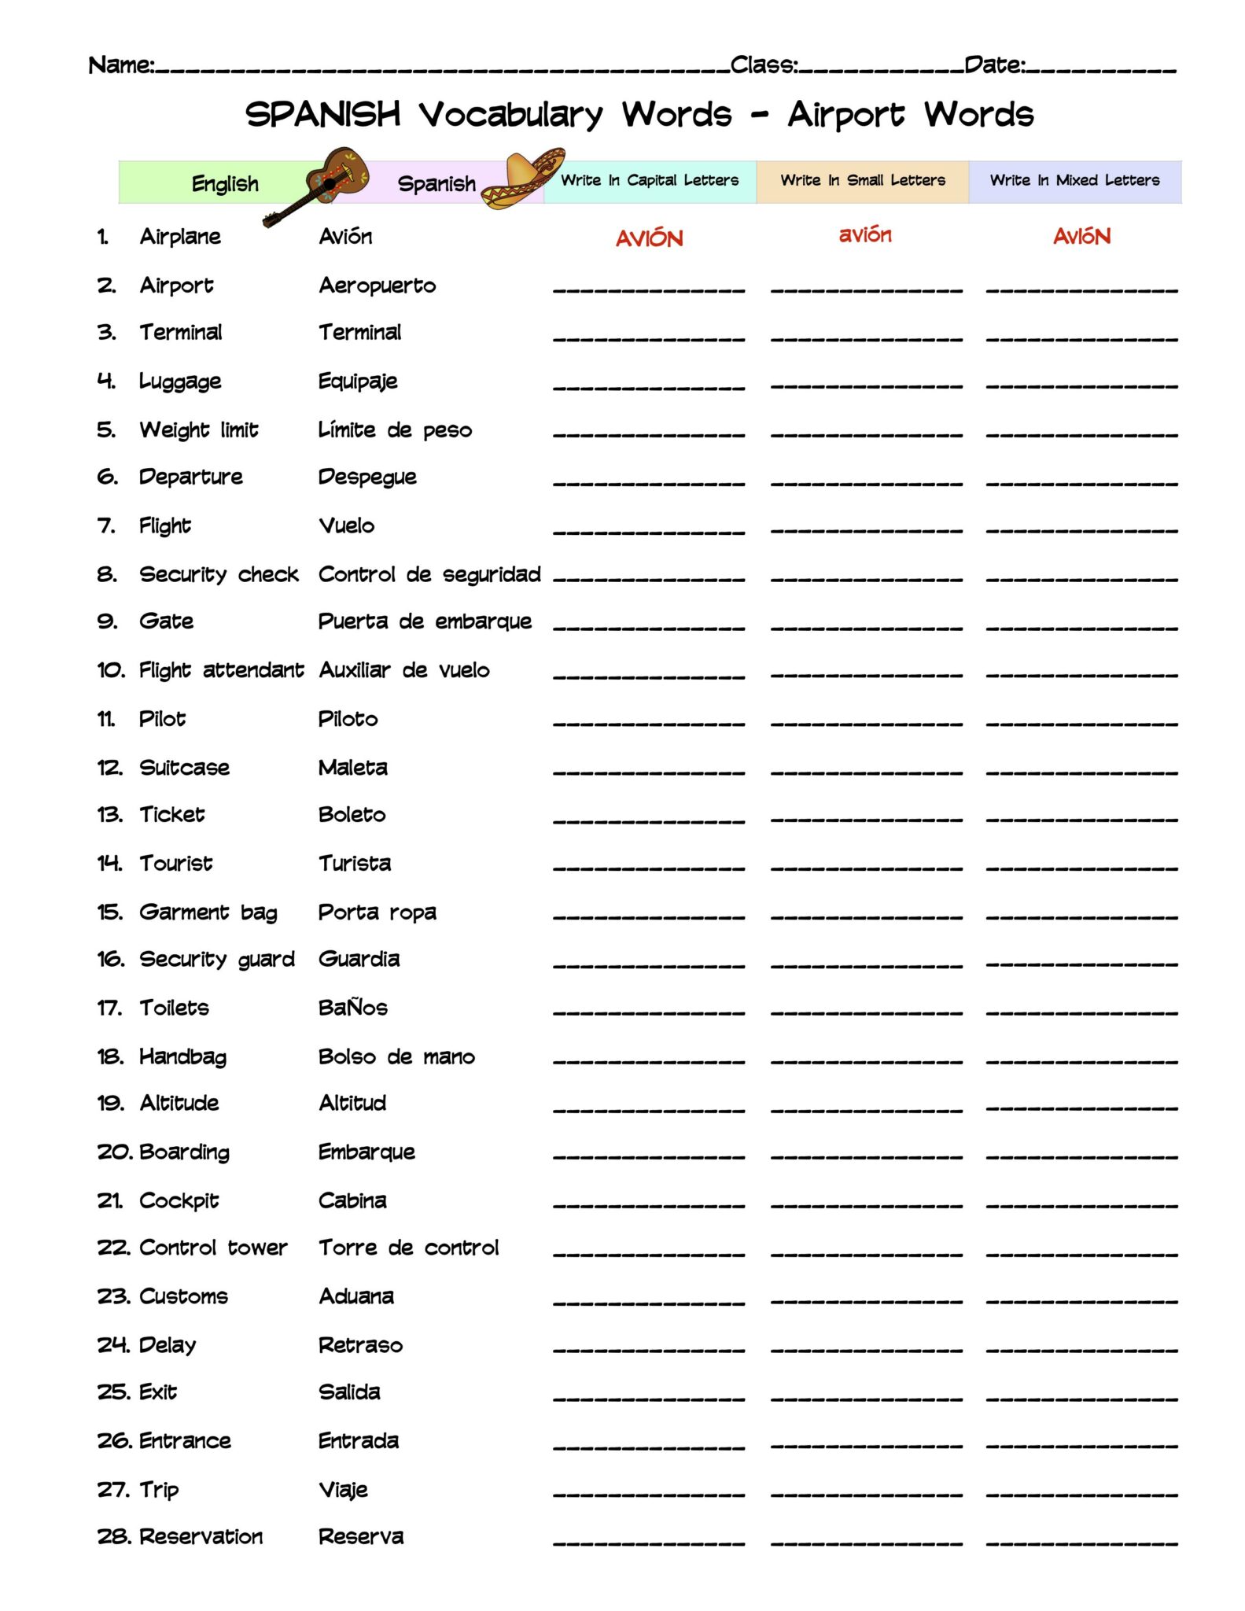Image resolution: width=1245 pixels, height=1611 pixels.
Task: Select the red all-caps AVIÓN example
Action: [x=649, y=238]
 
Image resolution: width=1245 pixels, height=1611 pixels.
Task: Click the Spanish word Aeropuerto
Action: [x=377, y=286]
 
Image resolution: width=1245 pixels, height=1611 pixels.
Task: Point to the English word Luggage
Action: [x=180, y=382]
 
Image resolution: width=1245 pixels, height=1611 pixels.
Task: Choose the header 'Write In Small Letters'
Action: [x=862, y=180]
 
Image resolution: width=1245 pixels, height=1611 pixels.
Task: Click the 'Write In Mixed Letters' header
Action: [x=1074, y=180]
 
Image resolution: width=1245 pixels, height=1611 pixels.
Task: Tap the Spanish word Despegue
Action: [x=367, y=477]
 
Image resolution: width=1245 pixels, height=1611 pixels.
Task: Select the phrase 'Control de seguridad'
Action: [x=429, y=575]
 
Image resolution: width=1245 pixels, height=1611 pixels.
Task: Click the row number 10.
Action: [x=111, y=670]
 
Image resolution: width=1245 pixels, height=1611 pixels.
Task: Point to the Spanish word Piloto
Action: [x=348, y=719]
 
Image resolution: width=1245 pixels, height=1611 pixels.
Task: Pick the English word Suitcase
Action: [x=184, y=768]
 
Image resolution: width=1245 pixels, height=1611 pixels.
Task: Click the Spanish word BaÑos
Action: [x=352, y=1008]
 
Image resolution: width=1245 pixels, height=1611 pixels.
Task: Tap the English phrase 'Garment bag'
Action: [x=208, y=912]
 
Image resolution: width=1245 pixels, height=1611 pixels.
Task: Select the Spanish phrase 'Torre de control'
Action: [x=408, y=1248]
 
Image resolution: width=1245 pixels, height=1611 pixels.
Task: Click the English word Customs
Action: [x=183, y=1296]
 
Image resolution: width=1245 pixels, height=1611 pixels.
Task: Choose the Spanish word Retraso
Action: [x=360, y=1345]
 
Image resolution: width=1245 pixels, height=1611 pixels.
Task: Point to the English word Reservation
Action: [x=201, y=1536]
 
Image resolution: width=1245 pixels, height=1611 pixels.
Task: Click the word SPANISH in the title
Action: [x=323, y=115]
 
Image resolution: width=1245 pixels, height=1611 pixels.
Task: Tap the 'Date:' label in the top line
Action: [x=995, y=65]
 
